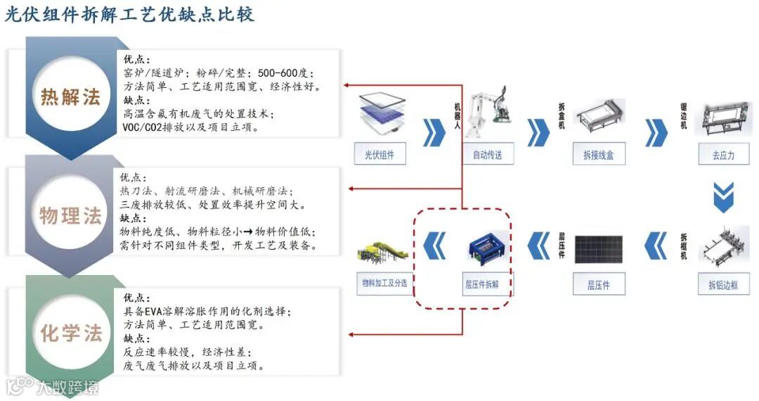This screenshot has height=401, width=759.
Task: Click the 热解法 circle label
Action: point(70,96)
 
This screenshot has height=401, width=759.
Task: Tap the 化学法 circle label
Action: point(70,333)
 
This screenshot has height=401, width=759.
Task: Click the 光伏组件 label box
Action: point(379,155)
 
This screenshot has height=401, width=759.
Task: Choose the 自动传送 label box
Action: point(488,155)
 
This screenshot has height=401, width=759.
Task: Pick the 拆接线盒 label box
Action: point(597,155)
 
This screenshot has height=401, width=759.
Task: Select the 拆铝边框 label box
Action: point(723,285)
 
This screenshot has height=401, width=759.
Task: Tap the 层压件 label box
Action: point(598,285)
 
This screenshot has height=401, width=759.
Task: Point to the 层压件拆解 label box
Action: point(486,285)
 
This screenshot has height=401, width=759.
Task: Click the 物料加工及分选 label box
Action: point(384,284)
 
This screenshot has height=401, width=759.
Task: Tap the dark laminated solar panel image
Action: point(598,249)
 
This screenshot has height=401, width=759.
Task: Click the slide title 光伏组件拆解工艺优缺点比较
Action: point(130,14)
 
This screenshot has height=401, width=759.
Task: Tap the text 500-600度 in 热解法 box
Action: point(285,73)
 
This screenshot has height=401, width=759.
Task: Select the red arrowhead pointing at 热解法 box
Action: point(347,86)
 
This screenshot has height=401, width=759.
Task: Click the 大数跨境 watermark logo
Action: point(53,386)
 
